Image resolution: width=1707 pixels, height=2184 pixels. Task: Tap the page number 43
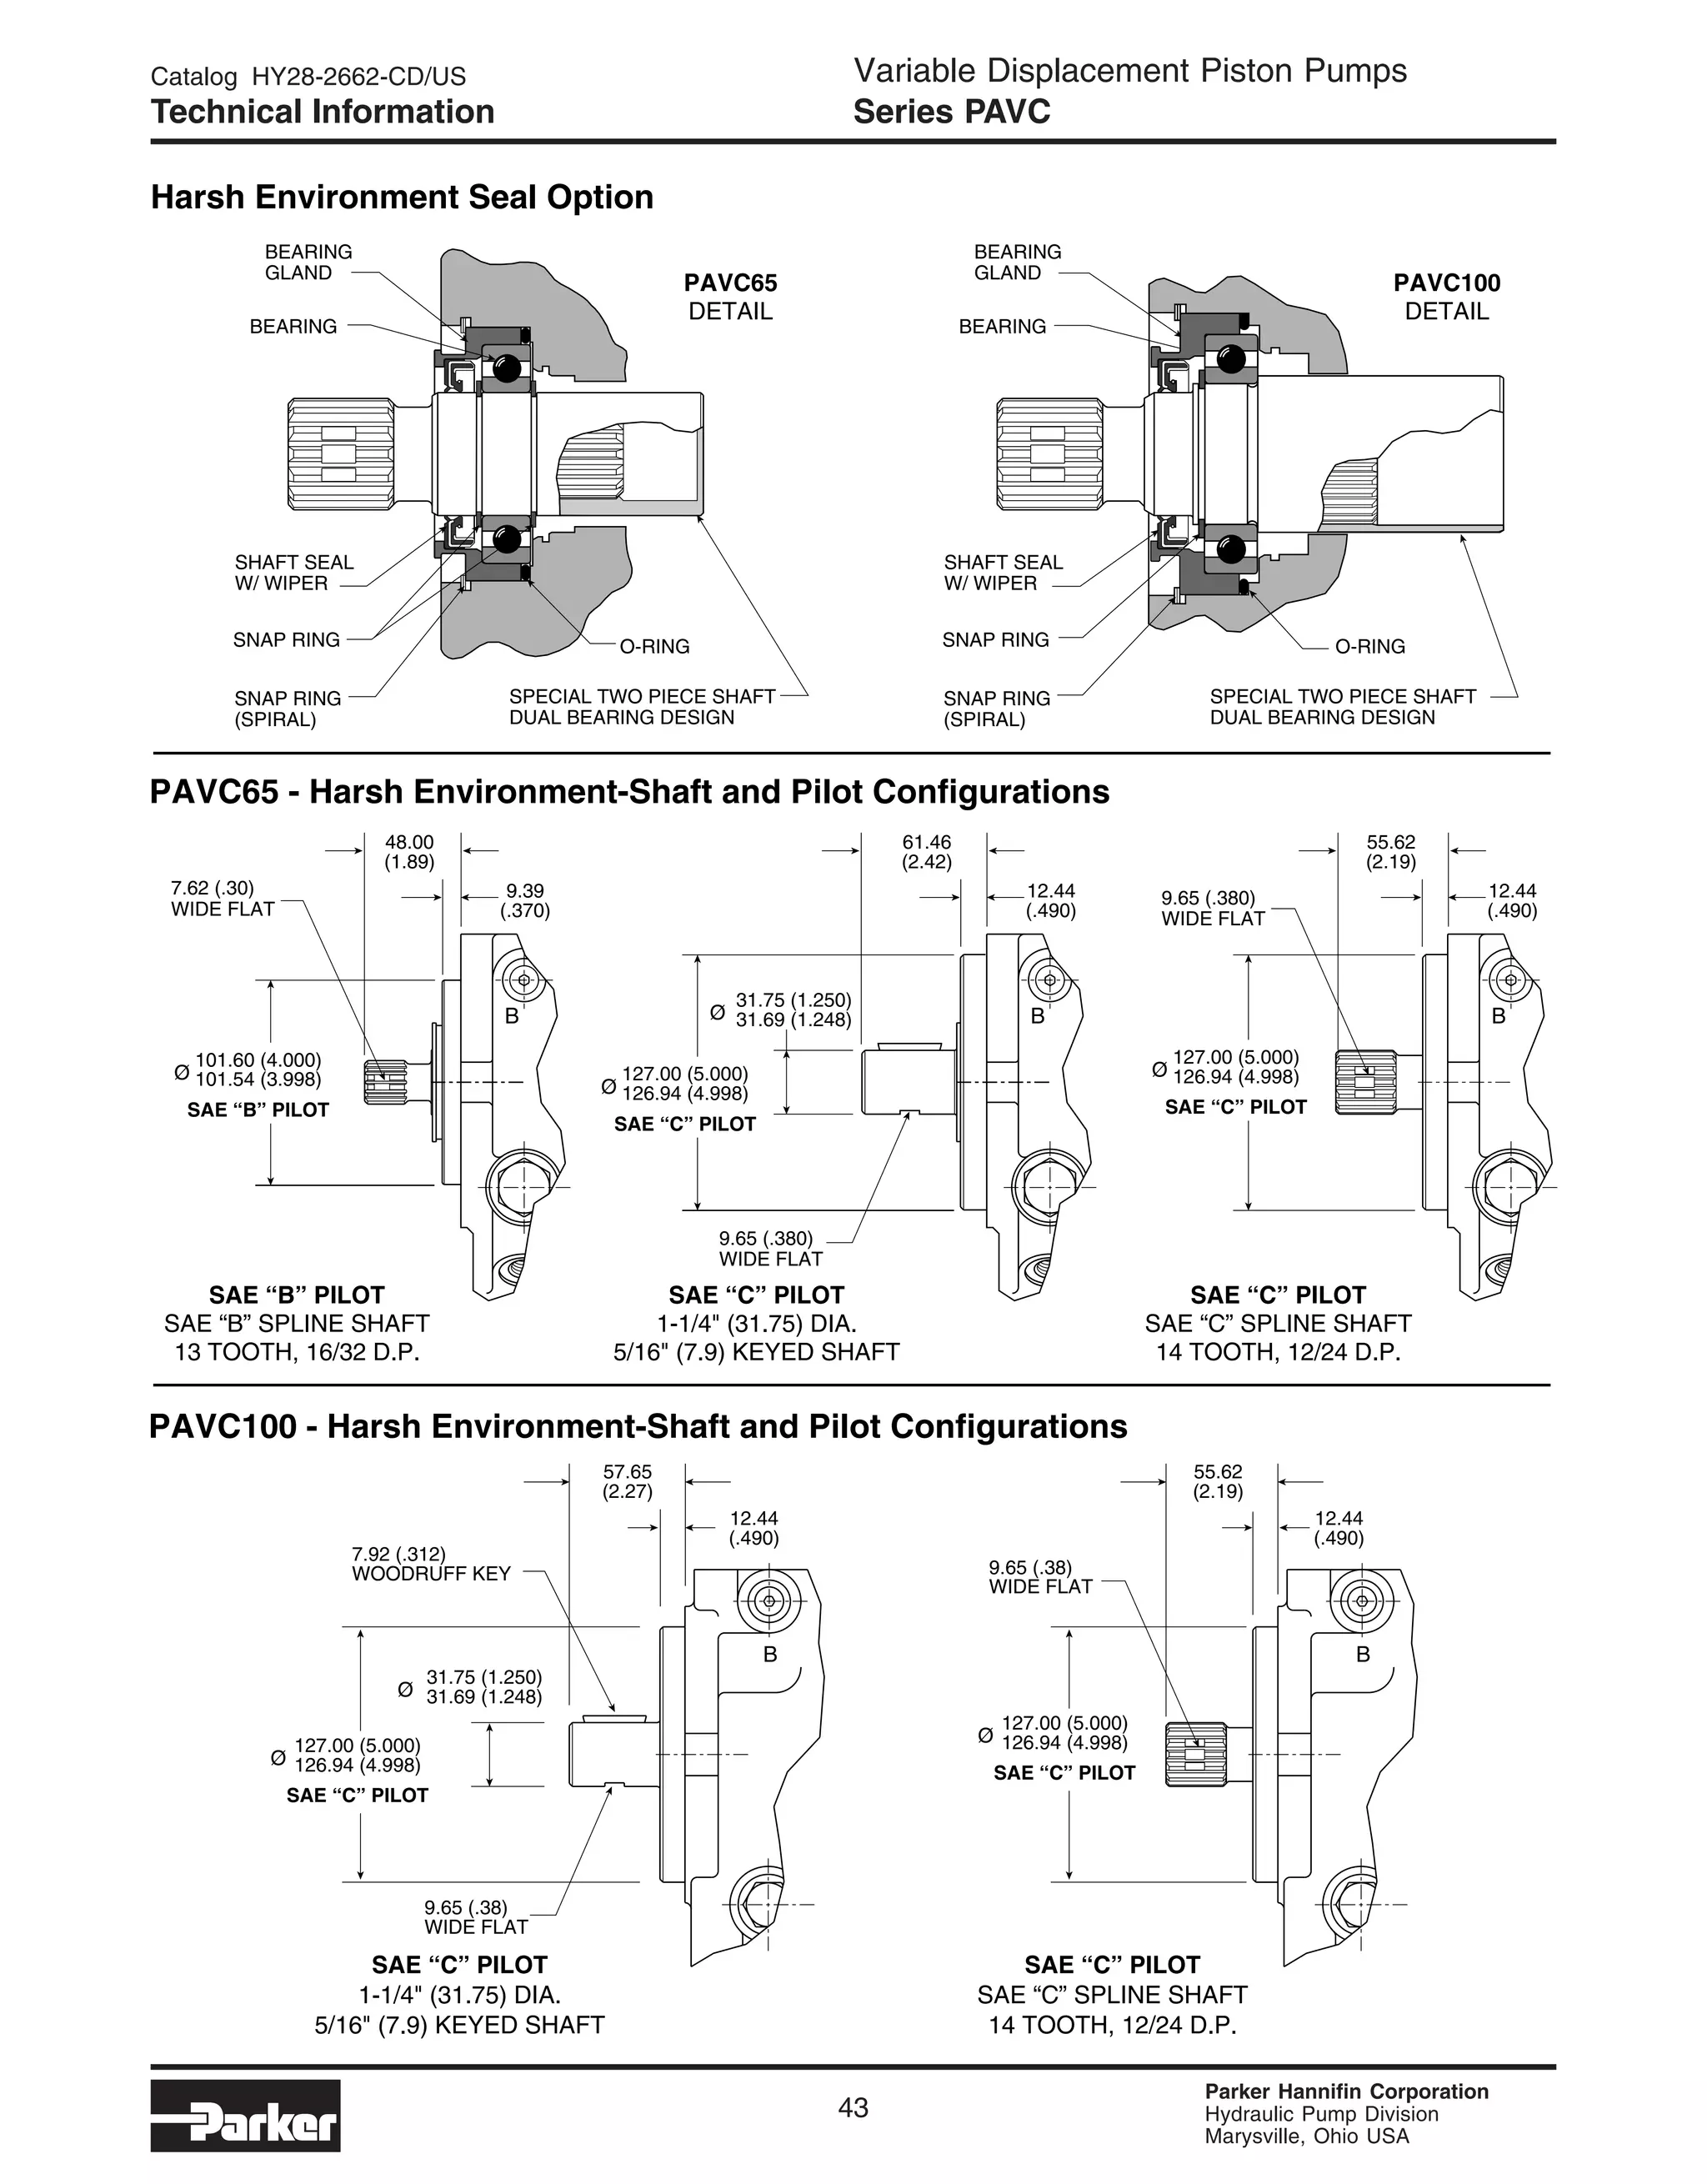click(x=853, y=2107)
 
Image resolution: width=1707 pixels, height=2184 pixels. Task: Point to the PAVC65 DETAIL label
click(x=730, y=297)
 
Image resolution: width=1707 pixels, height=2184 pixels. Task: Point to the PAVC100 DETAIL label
click(x=1446, y=297)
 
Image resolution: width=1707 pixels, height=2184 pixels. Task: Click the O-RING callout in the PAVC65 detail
click(x=654, y=646)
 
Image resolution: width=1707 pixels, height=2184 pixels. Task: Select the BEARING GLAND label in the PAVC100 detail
click(x=1017, y=262)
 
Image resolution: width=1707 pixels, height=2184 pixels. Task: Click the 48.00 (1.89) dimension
click(x=409, y=852)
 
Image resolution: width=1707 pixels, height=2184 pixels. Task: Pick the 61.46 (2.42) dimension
click(x=926, y=852)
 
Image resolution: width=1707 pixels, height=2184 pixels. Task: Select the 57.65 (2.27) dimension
click(x=627, y=1482)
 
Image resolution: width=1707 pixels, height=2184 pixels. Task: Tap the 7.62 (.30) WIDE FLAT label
click(x=222, y=898)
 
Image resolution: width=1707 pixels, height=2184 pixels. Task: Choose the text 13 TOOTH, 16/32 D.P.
click(x=297, y=1352)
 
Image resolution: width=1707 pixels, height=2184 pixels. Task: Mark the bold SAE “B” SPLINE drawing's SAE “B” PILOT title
click(x=296, y=1295)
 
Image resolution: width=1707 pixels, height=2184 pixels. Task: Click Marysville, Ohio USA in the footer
click(x=1306, y=2137)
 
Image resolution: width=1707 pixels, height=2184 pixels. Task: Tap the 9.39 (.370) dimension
click(x=525, y=900)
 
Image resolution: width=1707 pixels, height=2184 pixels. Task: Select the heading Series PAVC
click(x=951, y=112)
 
